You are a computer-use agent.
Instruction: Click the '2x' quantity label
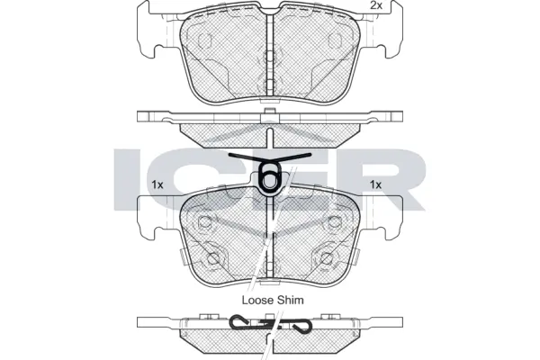[375, 6]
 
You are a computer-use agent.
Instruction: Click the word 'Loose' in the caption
[256, 300]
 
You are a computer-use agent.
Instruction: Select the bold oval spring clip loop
[268, 180]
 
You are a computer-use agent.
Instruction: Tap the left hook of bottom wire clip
[238, 323]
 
